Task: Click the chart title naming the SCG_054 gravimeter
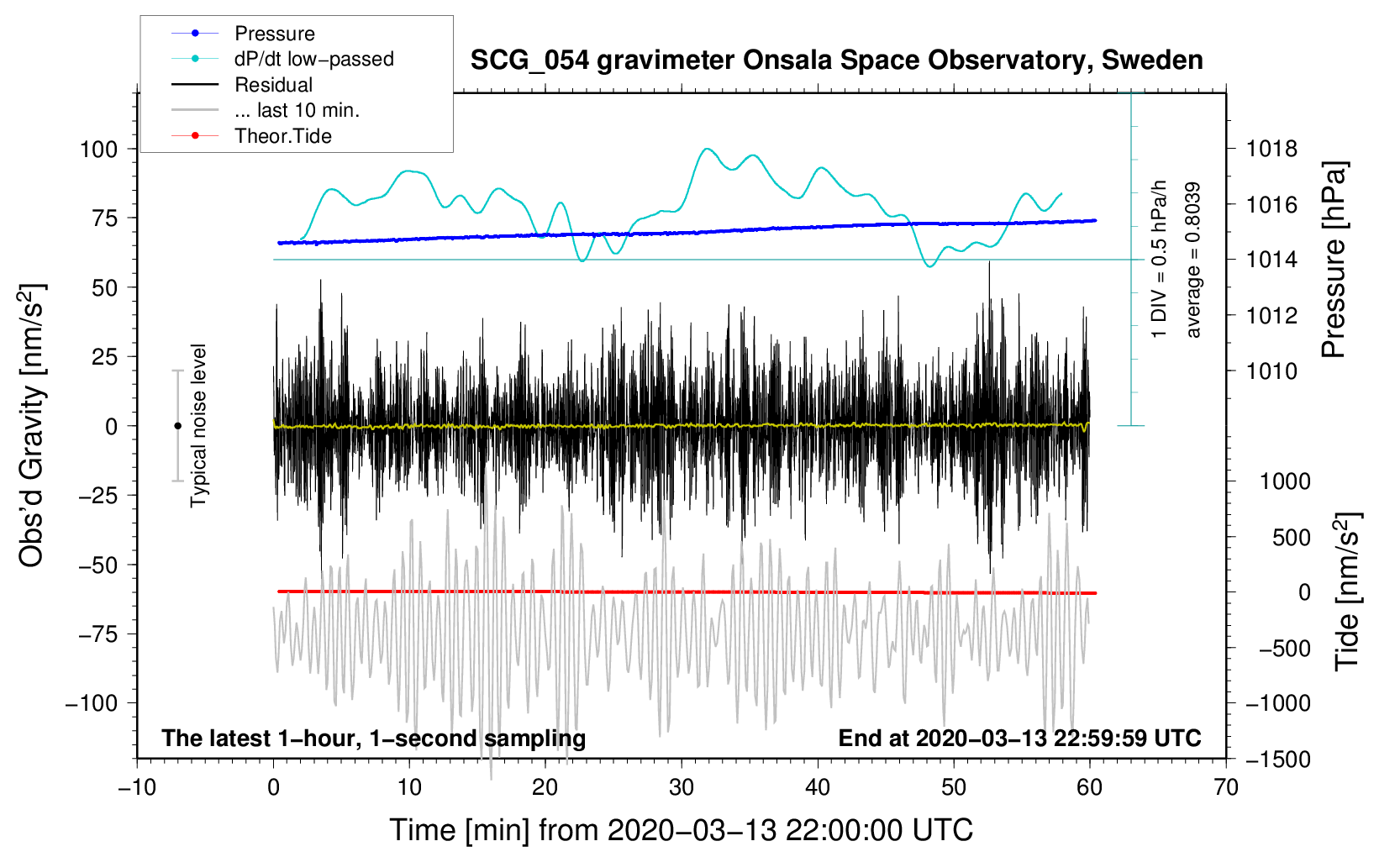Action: pyautogui.click(x=836, y=60)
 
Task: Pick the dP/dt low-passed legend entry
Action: pyautogui.click(x=313, y=59)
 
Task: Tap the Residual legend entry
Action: pyautogui.click(x=273, y=85)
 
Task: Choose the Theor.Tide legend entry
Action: pyautogui.click(x=282, y=136)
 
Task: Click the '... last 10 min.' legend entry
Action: pyautogui.click(x=297, y=110)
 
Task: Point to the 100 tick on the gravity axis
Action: pyautogui.click(x=98, y=150)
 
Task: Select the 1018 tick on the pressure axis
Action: pyautogui.click(x=1271, y=150)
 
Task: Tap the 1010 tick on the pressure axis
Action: pyautogui.click(x=1271, y=371)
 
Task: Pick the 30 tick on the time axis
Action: pyautogui.click(x=682, y=787)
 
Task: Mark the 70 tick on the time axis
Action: pyautogui.click(x=1226, y=787)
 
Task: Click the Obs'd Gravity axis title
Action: pyautogui.click(x=32, y=426)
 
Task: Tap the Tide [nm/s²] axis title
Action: pyautogui.click(x=1347, y=591)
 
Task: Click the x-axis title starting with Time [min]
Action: pyautogui.click(x=681, y=830)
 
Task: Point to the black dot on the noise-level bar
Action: pyautogui.click(x=177, y=426)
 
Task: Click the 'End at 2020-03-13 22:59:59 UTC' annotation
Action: pyautogui.click(x=1019, y=739)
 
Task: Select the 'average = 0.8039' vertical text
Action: pyautogui.click(x=1193, y=260)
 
